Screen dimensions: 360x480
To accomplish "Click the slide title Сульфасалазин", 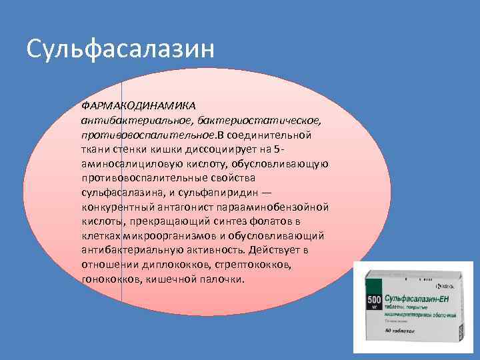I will tap(121, 49).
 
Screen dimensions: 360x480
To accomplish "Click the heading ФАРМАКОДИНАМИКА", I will tap(138, 106).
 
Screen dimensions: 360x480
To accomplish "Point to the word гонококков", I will tap(109, 279).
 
